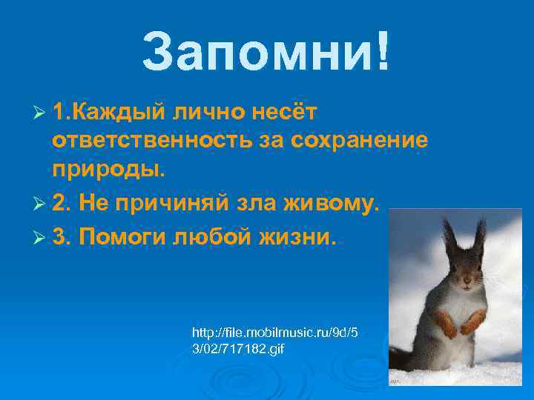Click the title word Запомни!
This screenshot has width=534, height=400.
265,53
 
